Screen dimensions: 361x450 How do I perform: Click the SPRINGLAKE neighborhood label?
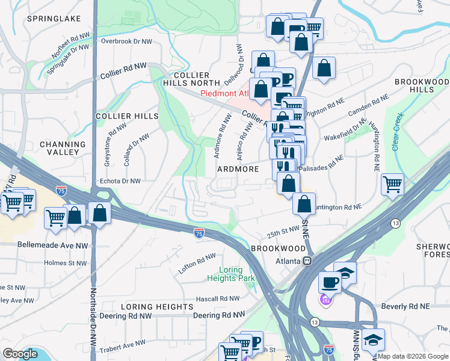(x=54, y=19)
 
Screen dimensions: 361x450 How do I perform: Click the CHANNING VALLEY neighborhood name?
(x=63, y=148)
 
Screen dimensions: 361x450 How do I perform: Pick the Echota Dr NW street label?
(x=119, y=180)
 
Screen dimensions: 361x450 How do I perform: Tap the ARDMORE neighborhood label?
(x=238, y=170)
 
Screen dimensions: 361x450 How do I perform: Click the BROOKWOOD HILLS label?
(x=421, y=85)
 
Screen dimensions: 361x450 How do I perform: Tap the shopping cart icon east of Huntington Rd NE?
(x=392, y=184)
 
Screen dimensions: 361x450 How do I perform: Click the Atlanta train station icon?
(x=307, y=261)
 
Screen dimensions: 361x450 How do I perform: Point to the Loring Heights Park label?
(x=231, y=274)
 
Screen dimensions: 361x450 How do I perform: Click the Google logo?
(x=19, y=354)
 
